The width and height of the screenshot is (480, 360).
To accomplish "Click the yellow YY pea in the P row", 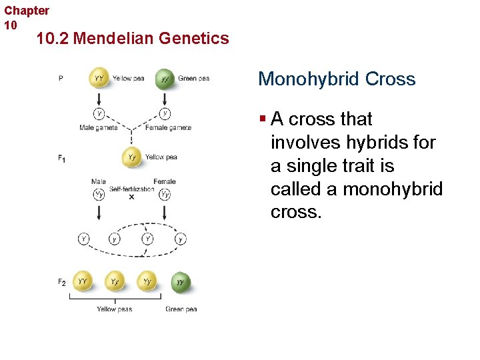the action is pos(99,79).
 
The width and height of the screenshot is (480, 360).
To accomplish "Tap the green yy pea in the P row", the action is pos(165,79).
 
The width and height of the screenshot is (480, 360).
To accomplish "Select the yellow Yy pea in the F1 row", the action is pos(132,158).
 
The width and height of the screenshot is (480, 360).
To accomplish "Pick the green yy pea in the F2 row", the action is pos(180,282).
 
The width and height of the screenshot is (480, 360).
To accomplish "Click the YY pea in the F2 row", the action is pos(83,282).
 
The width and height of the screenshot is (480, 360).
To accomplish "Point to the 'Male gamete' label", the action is pos(99,127).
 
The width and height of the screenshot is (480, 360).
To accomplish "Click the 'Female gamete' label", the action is pos(168,127).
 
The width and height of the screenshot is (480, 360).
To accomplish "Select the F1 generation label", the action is pos(61,159).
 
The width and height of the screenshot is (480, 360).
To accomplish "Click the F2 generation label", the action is pos(61,283).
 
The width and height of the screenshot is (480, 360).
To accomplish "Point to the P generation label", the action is pos(61,78).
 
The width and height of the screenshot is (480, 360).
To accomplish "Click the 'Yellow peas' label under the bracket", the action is pos(114,309).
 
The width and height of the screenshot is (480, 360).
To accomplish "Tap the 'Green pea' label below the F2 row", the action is pos(181,309).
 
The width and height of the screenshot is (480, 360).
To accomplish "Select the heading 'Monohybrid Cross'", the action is pos(337,79).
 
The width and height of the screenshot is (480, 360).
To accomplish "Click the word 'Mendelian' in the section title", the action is pos(114,39).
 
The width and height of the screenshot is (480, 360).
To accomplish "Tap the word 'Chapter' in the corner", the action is pos(27,11).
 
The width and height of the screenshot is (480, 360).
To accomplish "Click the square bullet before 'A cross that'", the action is pos(263,119).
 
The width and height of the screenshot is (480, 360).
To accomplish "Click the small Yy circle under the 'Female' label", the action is pos(164,195).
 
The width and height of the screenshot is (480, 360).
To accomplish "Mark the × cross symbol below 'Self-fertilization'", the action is pos(131,197).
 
